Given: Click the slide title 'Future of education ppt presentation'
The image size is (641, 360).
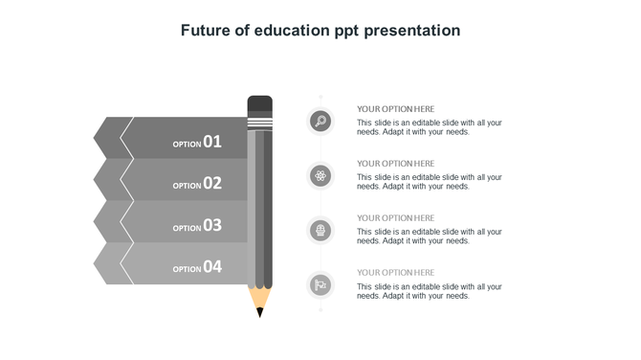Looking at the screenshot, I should (x=320, y=31).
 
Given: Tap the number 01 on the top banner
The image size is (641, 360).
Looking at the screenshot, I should (x=212, y=142).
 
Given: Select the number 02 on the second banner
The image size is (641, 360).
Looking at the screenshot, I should (x=212, y=183).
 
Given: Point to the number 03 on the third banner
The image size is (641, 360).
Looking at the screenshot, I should (x=212, y=225).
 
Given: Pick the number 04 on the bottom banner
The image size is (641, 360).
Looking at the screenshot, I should (x=212, y=267).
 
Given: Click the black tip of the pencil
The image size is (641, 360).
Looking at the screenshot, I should (x=259, y=312).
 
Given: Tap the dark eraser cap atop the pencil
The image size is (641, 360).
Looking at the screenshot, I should (x=259, y=104).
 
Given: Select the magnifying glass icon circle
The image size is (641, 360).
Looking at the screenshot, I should (x=320, y=121).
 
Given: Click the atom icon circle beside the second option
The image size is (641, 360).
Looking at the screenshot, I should (x=320, y=175).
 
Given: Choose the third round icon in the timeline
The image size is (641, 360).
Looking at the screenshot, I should (x=320, y=230).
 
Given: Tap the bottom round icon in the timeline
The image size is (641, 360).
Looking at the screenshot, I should (x=320, y=284).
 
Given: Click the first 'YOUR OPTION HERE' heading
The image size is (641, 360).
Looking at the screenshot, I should (x=395, y=109).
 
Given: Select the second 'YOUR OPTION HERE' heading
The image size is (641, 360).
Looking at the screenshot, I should (x=395, y=164).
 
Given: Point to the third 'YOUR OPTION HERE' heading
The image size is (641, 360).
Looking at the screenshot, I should (x=395, y=218).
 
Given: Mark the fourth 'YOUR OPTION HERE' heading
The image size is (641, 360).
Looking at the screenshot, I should (x=395, y=273).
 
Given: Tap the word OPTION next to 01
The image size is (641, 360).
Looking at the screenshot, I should (x=187, y=145).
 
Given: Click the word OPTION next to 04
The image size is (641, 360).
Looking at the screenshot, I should (x=187, y=270).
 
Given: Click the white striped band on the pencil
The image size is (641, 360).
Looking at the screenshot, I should (x=259, y=124).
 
